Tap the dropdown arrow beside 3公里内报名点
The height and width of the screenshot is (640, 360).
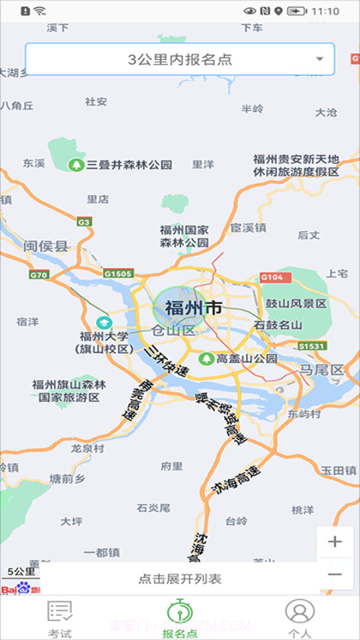(x=320, y=59)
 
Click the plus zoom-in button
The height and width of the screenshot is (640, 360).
(x=335, y=541)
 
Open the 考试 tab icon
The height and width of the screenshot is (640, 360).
(x=60, y=611)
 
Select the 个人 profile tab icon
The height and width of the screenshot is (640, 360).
(x=299, y=611)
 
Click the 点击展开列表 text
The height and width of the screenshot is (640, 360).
(x=180, y=579)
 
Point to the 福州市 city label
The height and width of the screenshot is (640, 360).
(x=193, y=308)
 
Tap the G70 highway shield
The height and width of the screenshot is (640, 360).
(x=39, y=275)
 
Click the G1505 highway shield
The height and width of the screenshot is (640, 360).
(x=118, y=273)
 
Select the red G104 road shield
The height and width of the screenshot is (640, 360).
(x=271, y=277)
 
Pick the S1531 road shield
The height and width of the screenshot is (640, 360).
(x=311, y=346)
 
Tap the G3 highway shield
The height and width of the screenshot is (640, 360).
(x=84, y=221)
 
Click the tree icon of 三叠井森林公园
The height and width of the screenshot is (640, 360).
(x=77, y=165)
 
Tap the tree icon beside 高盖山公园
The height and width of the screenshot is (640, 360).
(x=207, y=359)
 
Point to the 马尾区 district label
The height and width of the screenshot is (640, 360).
(x=321, y=369)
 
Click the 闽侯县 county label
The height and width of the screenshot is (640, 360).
(x=46, y=247)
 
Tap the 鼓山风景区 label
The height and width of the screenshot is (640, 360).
(x=297, y=303)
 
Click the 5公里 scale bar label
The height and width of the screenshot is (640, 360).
(x=21, y=571)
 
